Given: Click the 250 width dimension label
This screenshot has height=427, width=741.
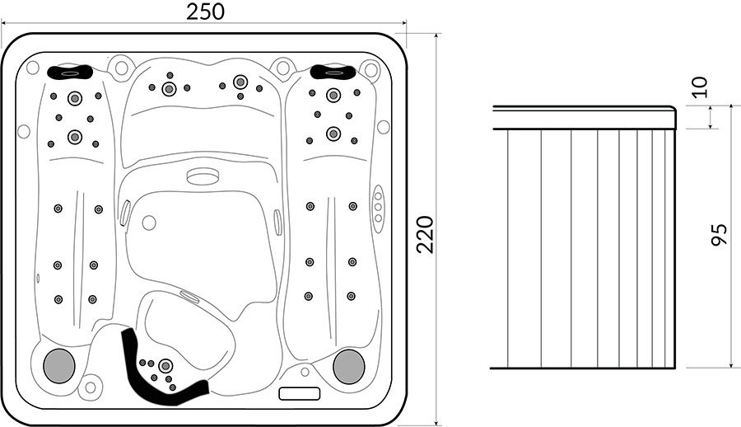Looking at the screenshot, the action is pyautogui.click(x=205, y=12).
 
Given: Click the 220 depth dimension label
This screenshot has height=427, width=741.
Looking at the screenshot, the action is pyautogui.click(x=426, y=235).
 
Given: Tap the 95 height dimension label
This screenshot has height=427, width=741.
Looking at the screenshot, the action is pyautogui.click(x=718, y=234).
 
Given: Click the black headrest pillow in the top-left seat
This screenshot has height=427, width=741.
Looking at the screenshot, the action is pyautogui.click(x=70, y=73).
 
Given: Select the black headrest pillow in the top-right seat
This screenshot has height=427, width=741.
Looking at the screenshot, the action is pyautogui.click(x=333, y=72).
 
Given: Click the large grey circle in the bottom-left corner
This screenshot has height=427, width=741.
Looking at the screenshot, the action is pyautogui.click(x=59, y=366).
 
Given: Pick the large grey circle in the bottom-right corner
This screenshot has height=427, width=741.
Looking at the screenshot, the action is pyautogui.click(x=349, y=366).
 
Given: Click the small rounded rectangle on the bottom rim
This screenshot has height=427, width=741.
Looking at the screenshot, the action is pyautogui.click(x=300, y=393).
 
